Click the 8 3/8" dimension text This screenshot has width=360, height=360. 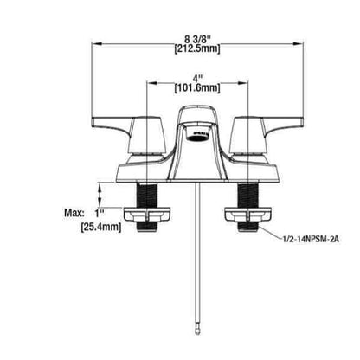pyautogui.click(x=197, y=38)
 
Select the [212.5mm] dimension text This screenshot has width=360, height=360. pyautogui.click(x=197, y=48)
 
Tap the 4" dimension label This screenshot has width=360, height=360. pyautogui.click(x=197, y=78)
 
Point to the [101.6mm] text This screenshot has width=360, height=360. pyautogui.click(x=197, y=87)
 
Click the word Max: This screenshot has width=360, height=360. pyautogui.click(x=74, y=214)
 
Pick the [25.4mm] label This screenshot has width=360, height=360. pyautogui.click(x=101, y=227)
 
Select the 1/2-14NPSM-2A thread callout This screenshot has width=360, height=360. pyautogui.click(x=311, y=239)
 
